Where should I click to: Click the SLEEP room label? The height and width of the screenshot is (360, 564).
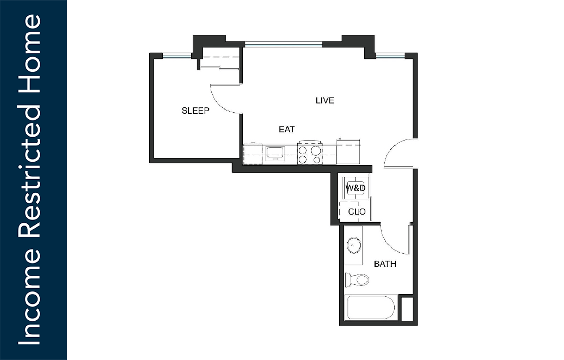pyautogui.click(x=195, y=111)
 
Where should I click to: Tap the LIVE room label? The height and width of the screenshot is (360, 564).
pyautogui.click(x=325, y=100)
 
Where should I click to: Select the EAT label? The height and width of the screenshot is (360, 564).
pyautogui.click(x=287, y=129)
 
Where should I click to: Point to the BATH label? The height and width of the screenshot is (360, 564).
pyautogui.click(x=385, y=264)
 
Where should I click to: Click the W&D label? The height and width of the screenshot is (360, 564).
pyautogui.click(x=355, y=188)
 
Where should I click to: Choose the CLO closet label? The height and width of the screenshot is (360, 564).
pyautogui.click(x=357, y=212)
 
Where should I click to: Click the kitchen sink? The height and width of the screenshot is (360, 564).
pyautogui.click(x=275, y=154)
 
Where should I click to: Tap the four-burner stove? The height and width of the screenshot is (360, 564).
pyautogui.click(x=310, y=154)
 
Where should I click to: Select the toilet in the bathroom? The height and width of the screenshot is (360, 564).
pyautogui.click(x=357, y=280)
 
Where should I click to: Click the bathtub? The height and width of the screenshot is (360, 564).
pyautogui.click(x=371, y=307)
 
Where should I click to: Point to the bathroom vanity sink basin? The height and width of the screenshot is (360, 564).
pyautogui.click(x=354, y=245)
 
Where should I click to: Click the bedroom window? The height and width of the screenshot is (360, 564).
pyautogui.click(x=177, y=56)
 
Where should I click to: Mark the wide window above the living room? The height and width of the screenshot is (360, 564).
pyautogui.click(x=284, y=45)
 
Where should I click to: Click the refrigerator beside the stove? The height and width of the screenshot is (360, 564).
pyautogui.click(x=348, y=151)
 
